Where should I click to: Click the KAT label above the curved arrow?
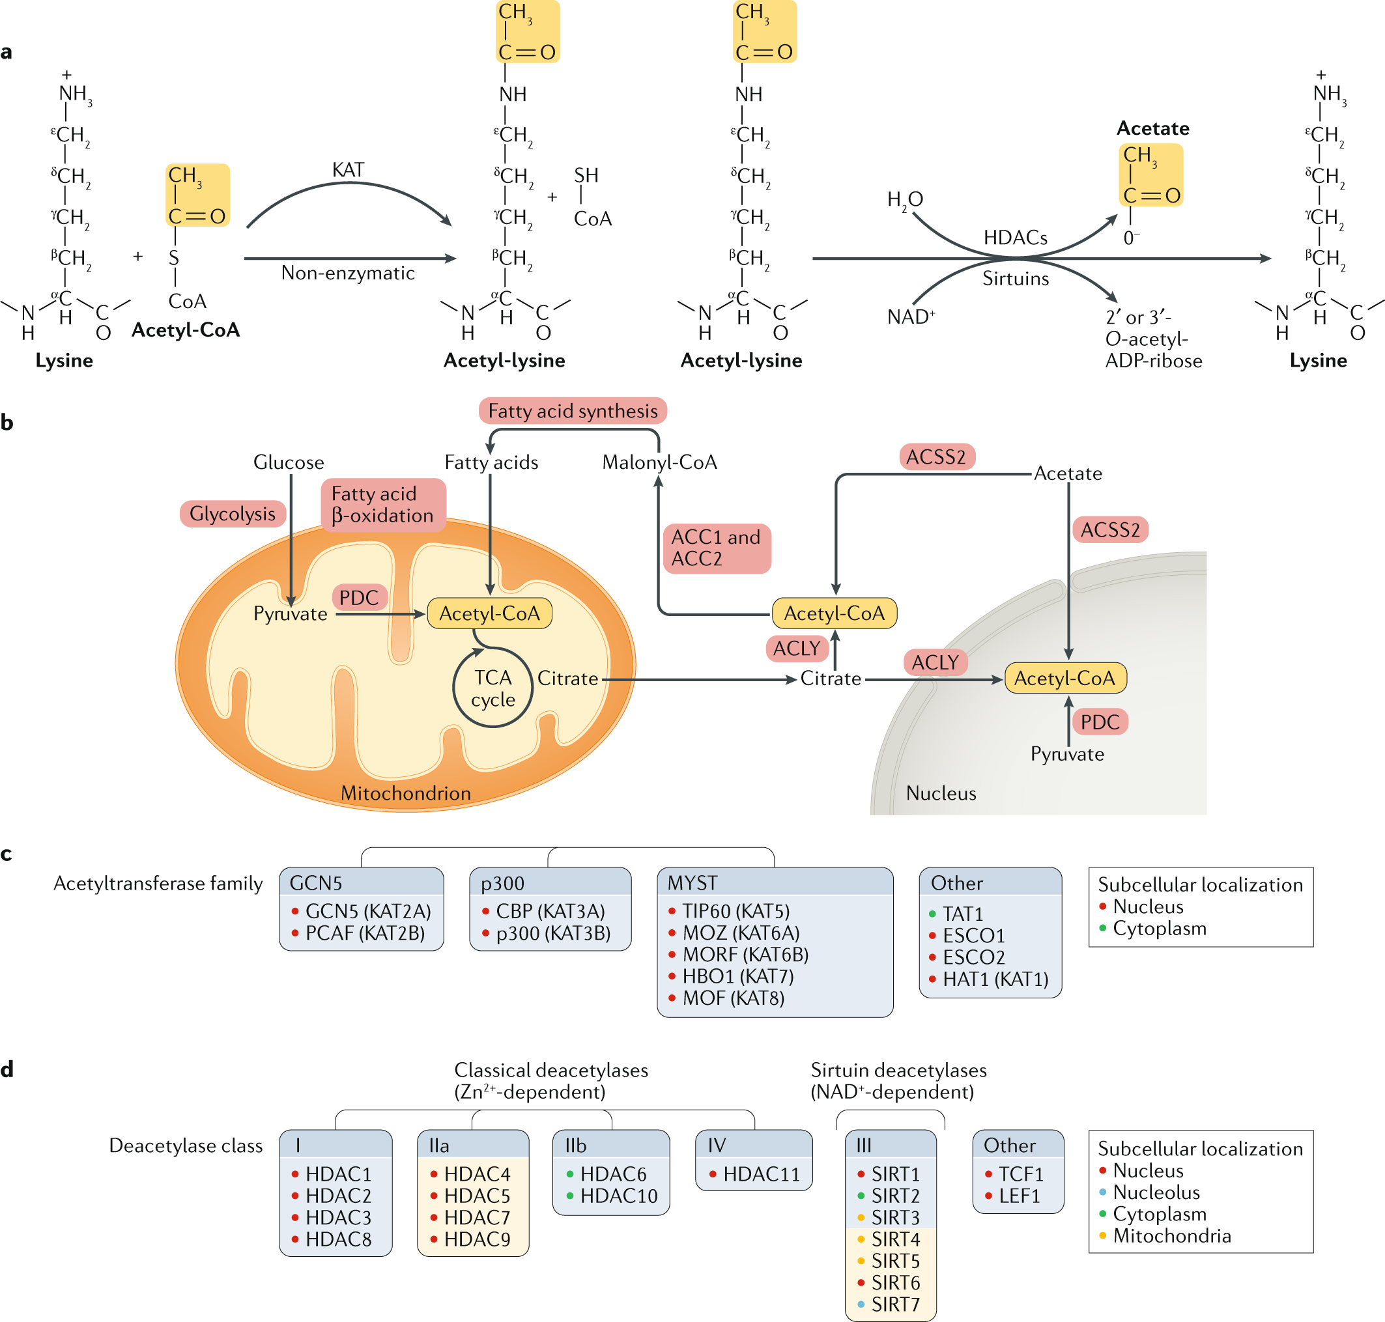pyautogui.click(x=347, y=170)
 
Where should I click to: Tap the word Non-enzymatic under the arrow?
pyautogui.click(x=347, y=273)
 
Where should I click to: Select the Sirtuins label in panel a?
pyautogui.click(x=1015, y=279)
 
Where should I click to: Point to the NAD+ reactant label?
pyautogui.click(x=911, y=316)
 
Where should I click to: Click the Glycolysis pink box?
pyautogui.click(x=233, y=514)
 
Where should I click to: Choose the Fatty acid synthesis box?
pyautogui.click(x=573, y=411)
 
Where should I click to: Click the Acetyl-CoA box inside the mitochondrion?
pyautogui.click(x=489, y=613)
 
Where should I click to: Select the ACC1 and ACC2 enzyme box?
pyautogui.click(x=717, y=548)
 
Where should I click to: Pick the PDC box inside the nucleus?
pyautogui.click(x=1100, y=722)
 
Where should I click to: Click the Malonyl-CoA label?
pyautogui.click(x=659, y=462)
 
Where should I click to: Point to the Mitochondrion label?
pyautogui.click(x=405, y=793)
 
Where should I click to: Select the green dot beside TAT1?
pyautogui.click(x=932, y=914)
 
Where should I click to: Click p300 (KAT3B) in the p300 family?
pyautogui.click(x=552, y=933)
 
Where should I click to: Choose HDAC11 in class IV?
pyautogui.click(x=761, y=1174)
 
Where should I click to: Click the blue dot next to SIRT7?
pyautogui.click(x=861, y=1304)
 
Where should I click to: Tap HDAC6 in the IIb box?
pyautogui.click(x=613, y=1174)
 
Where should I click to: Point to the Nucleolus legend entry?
pyautogui.click(x=1156, y=1192)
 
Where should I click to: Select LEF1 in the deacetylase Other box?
pyautogui.click(x=1019, y=1196)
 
